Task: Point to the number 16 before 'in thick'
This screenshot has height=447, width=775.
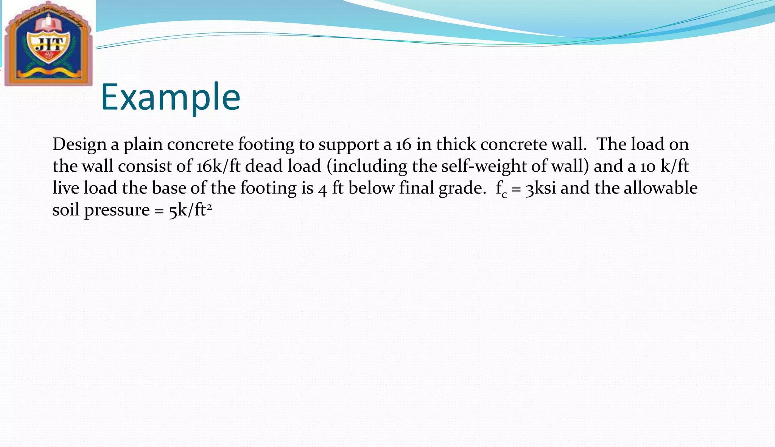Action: [x=404, y=144]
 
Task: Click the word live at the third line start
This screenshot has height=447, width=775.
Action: [x=66, y=188]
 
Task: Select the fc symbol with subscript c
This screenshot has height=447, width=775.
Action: [x=501, y=189]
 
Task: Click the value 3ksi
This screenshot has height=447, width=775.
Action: [x=541, y=188]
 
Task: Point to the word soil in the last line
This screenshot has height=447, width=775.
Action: [x=66, y=210]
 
